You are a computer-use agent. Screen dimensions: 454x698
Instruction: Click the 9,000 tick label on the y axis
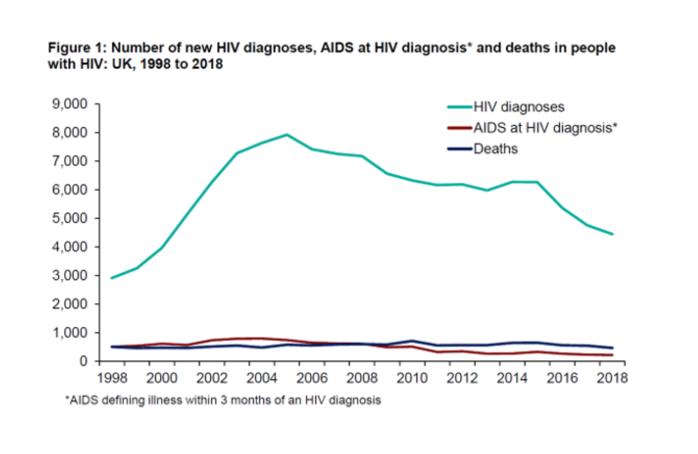(69, 104)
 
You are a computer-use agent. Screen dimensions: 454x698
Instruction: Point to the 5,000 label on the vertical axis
(69, 218)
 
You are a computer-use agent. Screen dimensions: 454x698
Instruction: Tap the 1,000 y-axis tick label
(69, 332)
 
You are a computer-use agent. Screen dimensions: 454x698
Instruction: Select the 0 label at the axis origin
(83, 361)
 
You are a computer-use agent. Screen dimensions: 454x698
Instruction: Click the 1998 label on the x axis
(112, 378)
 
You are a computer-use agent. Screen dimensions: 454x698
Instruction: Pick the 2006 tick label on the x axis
(312, 378)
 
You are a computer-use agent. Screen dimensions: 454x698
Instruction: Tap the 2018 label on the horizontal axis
(612, 378)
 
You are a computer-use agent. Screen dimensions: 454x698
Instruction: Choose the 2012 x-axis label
(462, 378)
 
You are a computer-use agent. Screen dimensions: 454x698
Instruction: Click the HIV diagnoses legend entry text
(519, 107)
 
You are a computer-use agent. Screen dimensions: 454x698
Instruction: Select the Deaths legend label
(496, 149)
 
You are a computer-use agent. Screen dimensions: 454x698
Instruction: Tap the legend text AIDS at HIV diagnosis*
(545, 128)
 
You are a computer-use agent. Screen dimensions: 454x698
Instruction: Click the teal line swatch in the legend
(460, 107)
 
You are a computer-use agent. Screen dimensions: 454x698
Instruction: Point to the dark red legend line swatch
(460, 128)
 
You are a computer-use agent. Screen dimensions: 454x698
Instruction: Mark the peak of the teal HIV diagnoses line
(287, 134)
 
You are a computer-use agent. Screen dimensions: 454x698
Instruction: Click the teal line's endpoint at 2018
(612, 234)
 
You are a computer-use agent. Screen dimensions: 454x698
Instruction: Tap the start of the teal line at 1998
(112, 278)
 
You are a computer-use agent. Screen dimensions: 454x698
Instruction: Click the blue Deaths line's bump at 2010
(412, 341)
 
